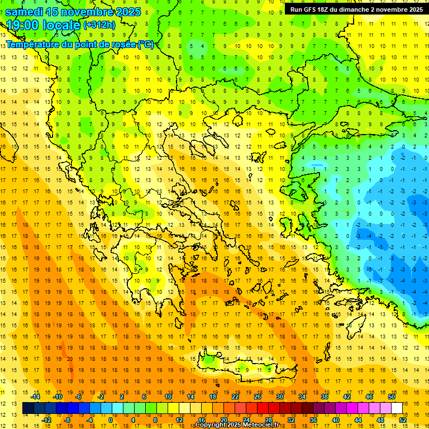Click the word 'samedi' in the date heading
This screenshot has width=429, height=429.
point(25,12)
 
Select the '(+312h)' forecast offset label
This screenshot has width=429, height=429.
point(99,25)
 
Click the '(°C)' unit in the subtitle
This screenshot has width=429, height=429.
point(145,44)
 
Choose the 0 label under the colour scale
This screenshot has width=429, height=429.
point(111,420)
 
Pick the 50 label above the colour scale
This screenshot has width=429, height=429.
point(391,397)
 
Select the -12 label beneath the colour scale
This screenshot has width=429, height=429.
point(46,420)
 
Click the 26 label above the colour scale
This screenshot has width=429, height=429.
point(258,397)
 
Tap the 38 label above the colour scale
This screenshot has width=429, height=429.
point(325,397)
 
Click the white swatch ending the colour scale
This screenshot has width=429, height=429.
point(397,408)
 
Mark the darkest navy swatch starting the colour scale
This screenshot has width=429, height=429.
point(28,408)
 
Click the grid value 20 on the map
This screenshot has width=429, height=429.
point(70,359)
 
